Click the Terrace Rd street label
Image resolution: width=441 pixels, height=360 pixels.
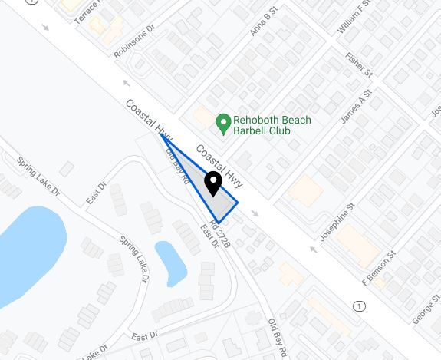(x=87, y=10)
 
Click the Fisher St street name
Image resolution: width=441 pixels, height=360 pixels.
(x=360, y=64)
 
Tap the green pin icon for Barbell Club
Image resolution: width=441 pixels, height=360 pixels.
(x=223, y=122)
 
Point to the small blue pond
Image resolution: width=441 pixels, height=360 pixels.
(x=171, y=260)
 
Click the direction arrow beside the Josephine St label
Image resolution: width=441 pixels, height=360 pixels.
(x=313, y=249)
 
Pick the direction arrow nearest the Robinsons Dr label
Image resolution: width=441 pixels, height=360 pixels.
(x=126, y=82)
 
